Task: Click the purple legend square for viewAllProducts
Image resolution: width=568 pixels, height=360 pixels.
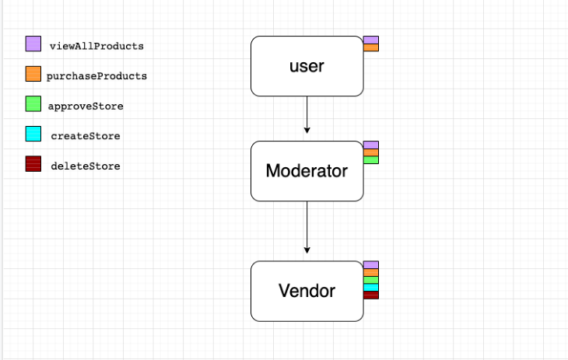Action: click(33, 44)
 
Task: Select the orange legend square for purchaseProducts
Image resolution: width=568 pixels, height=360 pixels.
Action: click(33, 75)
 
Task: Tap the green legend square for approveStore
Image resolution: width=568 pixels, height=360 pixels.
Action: click(33, 104)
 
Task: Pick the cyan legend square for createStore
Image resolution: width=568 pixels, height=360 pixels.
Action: click(33, 135)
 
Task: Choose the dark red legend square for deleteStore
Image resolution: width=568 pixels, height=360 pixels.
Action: click(33, 164)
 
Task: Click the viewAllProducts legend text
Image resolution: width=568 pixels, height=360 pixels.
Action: click(96, 46)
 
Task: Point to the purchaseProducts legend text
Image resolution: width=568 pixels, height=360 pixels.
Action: click(96, 76)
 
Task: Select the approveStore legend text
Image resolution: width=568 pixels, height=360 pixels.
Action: click(86, 106)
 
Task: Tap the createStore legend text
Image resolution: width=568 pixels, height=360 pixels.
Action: click(86, 136)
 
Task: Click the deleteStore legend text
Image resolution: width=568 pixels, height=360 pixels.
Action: click(86, 166)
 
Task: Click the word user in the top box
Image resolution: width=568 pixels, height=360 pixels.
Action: click(307, 66)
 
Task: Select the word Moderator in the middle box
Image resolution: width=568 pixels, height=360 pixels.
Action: click(307, 170)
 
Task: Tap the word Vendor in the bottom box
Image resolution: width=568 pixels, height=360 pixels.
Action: click(307, 291)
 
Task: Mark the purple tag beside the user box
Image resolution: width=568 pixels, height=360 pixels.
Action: click(371, 40)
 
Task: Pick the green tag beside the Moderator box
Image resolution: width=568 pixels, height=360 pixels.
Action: click(371, 160)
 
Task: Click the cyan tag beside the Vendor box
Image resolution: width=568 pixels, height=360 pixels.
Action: click(371, 288)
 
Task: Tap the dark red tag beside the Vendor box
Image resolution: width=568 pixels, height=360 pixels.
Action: click(371, 295)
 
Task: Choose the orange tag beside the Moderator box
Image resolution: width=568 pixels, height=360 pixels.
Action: click(371, 152)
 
